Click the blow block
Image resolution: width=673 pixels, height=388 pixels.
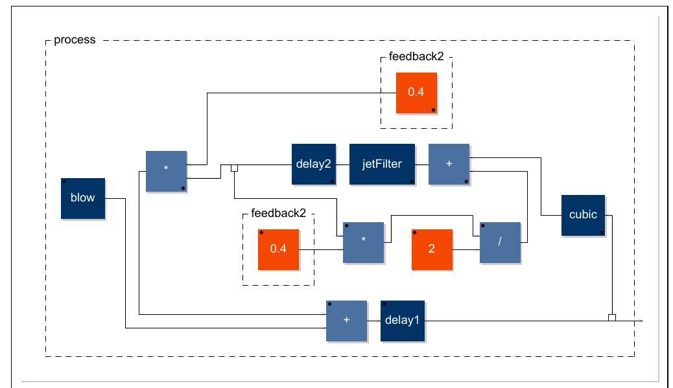pos(83,198)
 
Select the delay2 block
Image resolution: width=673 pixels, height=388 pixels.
pos(313,165)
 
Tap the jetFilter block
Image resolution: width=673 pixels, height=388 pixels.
pos(382,165)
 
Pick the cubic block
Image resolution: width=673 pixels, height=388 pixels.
pos(583,215)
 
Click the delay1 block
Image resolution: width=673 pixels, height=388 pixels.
pos(403,321)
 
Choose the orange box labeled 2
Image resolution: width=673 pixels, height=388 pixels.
pos(432,249)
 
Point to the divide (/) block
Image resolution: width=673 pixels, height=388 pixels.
pos(500,242)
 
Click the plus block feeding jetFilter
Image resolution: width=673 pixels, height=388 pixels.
pos(449,165)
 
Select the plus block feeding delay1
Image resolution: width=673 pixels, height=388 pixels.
pos(346,321)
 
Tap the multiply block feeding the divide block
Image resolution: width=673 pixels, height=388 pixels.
pos(363,242)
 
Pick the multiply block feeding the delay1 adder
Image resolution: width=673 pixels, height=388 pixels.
pos(166,171)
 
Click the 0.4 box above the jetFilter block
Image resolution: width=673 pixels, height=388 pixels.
pos(416,93)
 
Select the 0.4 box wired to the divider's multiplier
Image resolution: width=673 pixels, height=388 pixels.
pos(278,249)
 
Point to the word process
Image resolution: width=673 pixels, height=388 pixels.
pos(75,40)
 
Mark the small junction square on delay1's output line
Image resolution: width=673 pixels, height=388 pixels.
pos(611,317)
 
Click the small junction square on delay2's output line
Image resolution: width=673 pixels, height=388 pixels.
pos(235,168)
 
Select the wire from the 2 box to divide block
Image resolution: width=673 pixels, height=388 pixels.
pos(466,249)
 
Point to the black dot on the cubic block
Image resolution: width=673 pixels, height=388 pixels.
pos(602,232)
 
